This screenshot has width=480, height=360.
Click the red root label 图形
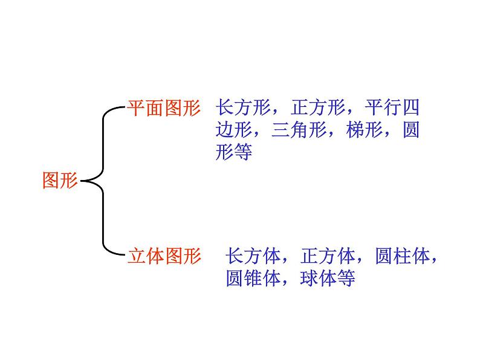[60, 180]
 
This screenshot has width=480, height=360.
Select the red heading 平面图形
[163, 109]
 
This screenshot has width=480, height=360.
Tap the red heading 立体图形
[164, 256]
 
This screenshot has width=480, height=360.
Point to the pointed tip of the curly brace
[82, 180]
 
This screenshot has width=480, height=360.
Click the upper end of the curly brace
[124, 109]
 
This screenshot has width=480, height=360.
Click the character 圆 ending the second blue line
[410, 130]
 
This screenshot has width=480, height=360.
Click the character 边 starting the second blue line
[224, 130]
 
